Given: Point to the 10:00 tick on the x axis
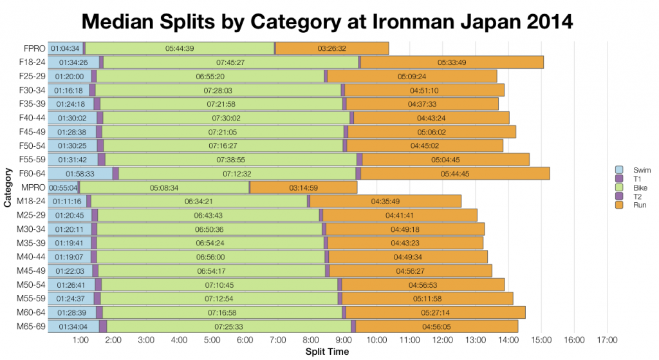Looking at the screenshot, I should coord(376,339).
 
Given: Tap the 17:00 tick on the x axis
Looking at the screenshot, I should coord(607,339).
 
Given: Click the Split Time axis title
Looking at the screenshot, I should coord(328,352).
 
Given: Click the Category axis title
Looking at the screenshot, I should coord(8,187).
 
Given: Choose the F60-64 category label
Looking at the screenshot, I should coord(30,174).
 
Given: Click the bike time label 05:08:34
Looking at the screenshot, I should coord(163,187).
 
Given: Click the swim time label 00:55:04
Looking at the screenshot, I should coord(63,187).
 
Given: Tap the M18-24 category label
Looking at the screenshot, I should coord(30,202).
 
